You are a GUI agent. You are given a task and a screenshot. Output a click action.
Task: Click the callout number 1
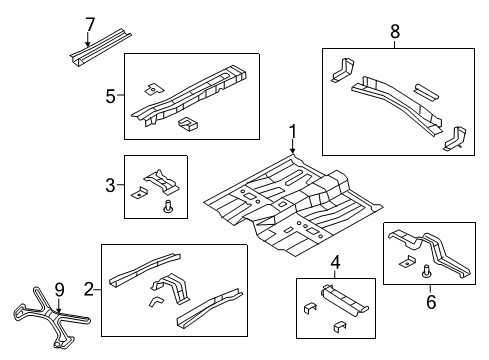(293, 130)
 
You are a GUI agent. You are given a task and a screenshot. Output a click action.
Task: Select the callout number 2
(90, 289)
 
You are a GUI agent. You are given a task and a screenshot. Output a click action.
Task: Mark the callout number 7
(89, 24)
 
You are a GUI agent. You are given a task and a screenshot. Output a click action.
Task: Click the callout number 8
(394, 32)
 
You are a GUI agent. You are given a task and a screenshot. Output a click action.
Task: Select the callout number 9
(58, 290)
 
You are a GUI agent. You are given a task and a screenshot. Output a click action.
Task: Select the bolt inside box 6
(428, 271)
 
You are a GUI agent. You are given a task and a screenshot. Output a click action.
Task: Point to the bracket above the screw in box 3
(161, 180)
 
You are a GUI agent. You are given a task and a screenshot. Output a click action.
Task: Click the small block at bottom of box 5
(186, 124)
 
